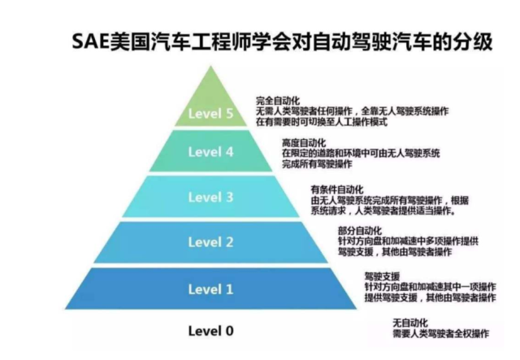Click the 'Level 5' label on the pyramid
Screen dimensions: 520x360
click(210, 114)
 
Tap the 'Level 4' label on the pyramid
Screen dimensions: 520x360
click(210, 151)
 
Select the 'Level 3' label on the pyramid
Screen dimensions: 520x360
click(210, 197)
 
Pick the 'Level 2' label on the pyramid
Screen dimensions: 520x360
click(210, 241)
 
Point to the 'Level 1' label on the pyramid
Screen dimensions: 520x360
click(210, 288)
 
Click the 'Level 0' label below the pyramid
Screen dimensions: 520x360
click(210, 331)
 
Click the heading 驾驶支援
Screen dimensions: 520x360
click(381, 277)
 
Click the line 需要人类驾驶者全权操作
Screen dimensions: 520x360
click(440, 333)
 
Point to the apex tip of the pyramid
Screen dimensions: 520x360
click(211, 66)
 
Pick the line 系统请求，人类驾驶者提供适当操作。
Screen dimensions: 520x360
click(383, 211)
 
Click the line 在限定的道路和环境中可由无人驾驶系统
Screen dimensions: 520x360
click(361, 153)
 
